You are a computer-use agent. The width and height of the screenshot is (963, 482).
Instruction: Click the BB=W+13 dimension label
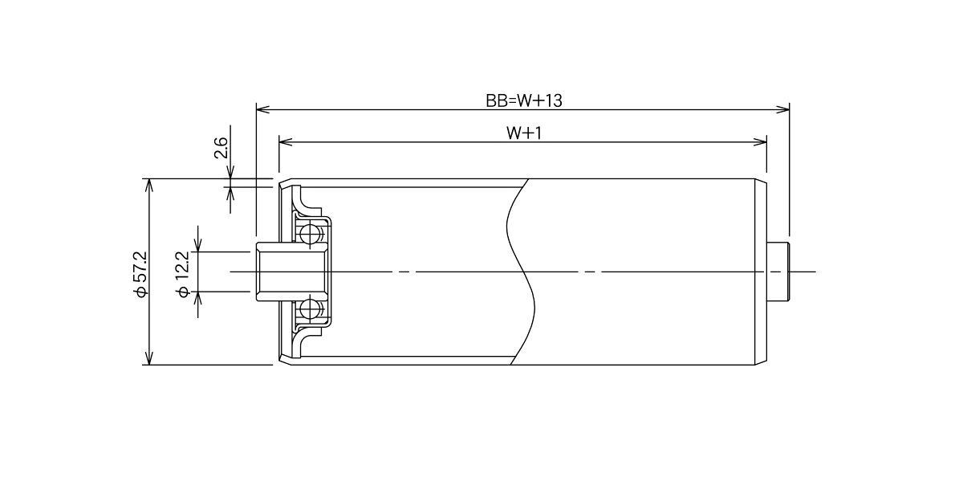[x=523, y=100]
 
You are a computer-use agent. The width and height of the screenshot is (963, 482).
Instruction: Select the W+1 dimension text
[x=523, y=133]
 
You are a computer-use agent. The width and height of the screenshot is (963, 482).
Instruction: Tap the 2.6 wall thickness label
[x=221, y=148]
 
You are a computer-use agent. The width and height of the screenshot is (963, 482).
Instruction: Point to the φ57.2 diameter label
[x=141, y=274]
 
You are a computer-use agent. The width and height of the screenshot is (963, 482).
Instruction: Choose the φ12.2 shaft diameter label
[x=182, y=274]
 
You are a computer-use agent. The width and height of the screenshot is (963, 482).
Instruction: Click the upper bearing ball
[x=309, y=235]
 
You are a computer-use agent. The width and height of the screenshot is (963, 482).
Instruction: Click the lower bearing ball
[x=309, y=308]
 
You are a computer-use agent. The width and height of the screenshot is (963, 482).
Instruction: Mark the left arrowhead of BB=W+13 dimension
[x=262, y=109]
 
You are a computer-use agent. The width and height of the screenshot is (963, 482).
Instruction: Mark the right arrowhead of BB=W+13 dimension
[x=783, y=109]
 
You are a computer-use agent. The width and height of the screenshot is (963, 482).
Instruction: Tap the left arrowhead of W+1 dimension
[x=286, y=142]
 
